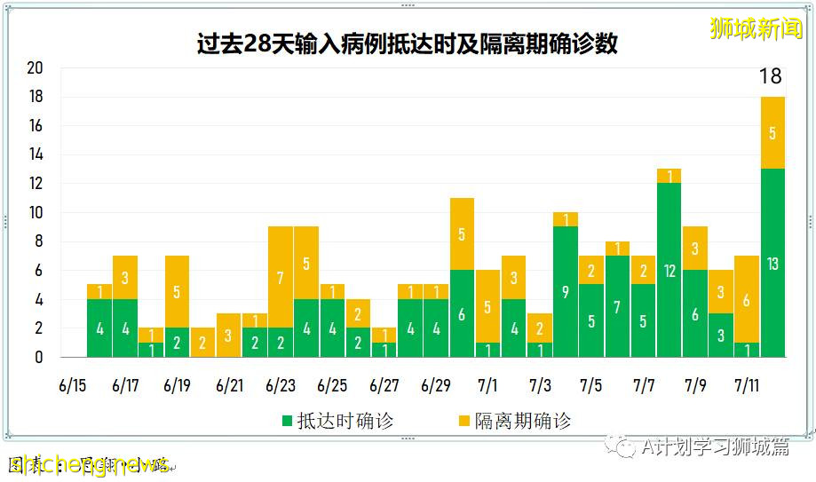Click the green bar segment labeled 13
[x=772, y=263]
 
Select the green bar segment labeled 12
[x=669, y=270]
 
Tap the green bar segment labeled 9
[x=566, y=291]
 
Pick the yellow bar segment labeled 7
[x=281, y=277]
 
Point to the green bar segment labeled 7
[x=617, y=306]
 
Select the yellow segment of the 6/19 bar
[x=178, y=291]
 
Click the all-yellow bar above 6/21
[x=229, y=335]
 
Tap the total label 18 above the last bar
[x=770, y=77]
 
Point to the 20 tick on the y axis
[x=35, y=68]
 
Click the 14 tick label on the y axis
[x=35, y=154]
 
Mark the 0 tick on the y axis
[x=38, y=357]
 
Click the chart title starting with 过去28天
[x=408, y=43]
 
